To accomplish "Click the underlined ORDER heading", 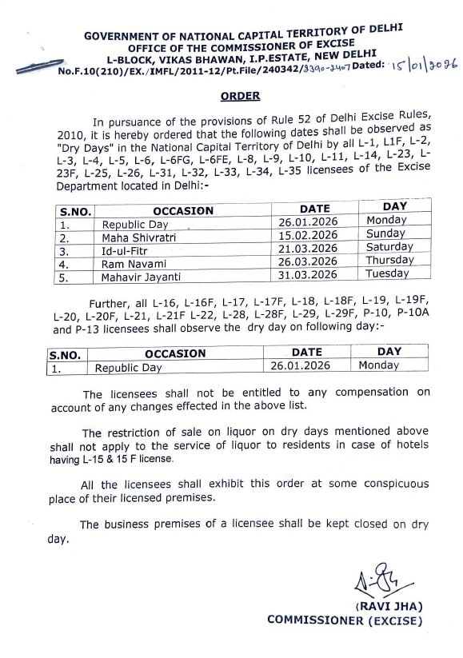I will coord(240,96).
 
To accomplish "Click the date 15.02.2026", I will coord(307,235).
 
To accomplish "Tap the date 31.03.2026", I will coord(307,274).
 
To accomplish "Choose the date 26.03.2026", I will coord(307,261).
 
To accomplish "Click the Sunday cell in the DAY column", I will coord(386,233).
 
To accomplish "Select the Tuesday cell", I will coord(386,273).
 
